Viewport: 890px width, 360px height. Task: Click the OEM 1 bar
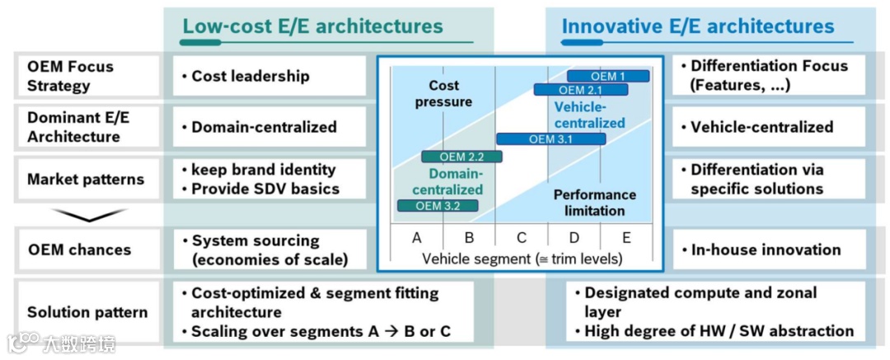click(608, 77)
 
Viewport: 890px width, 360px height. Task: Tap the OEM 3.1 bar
click(550, 139)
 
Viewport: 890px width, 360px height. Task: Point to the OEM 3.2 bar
click(438, 206)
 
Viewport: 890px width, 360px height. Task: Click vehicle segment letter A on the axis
click(417, 238)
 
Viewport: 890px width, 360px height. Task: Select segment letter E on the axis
click(626, 238)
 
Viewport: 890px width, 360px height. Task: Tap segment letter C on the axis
click(522, 238)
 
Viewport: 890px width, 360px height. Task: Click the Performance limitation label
click(594, 203)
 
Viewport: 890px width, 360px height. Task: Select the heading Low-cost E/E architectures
click(312, 26)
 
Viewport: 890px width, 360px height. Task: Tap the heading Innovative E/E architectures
click(698, 26)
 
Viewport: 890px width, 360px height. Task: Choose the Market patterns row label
click(85, 179)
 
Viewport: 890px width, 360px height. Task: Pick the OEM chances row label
click(78, 250)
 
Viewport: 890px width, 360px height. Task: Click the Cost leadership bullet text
click(251, 76)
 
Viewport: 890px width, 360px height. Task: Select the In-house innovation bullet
click(766, 250)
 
